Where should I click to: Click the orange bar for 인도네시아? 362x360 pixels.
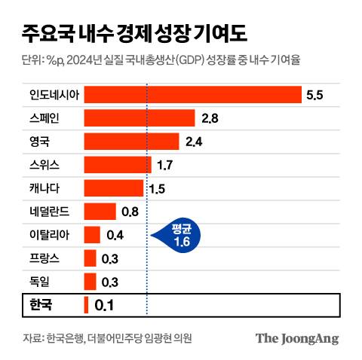tap(192, 95)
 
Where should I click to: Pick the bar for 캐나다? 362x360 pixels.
tap(113, 188)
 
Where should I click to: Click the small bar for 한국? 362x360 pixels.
tap(86, 305)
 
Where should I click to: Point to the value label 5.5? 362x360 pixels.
tap(314, 95)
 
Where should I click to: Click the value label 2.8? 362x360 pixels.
tap(210, 118)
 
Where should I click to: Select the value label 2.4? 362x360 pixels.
tap(193, 142)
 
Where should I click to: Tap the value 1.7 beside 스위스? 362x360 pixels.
tap(164, 165)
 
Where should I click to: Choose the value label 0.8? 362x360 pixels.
tap(130, 212)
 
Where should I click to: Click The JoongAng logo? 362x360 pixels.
tap(296, 338)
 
